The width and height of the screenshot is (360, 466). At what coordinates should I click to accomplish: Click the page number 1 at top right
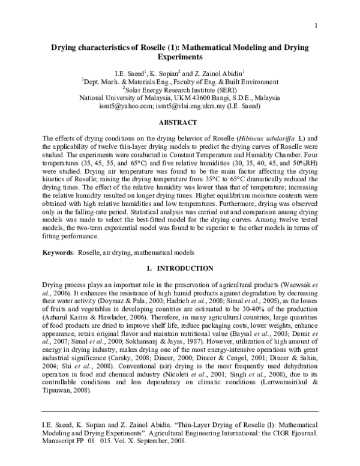pyautogui.click(x=315, y=25)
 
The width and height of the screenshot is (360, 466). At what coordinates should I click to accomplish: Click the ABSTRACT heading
pyautogui.click(x=179, y=122)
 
